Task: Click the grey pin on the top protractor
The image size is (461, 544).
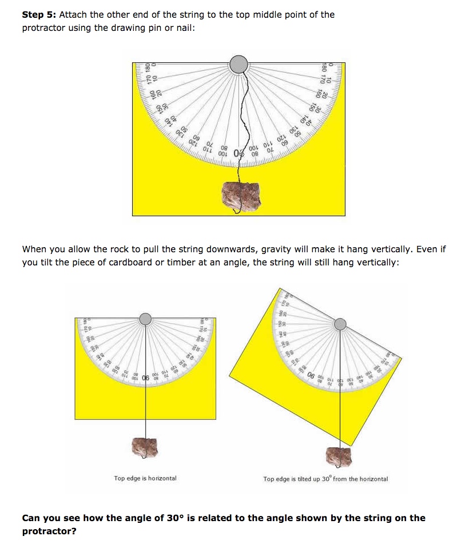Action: click(239, 63)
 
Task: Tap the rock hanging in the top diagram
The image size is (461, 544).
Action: click(241, 194)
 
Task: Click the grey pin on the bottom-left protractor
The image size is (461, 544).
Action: click(146, 318)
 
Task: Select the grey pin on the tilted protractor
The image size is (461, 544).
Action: click(340, 324)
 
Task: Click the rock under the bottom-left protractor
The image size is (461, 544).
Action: click(146, 447)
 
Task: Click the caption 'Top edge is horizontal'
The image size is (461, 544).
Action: click(145, 478)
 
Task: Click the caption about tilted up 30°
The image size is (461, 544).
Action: click(325, 479)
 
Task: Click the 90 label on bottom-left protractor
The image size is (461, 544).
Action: click(145, 378)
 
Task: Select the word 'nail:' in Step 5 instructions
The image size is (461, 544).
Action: click(184, 27)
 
